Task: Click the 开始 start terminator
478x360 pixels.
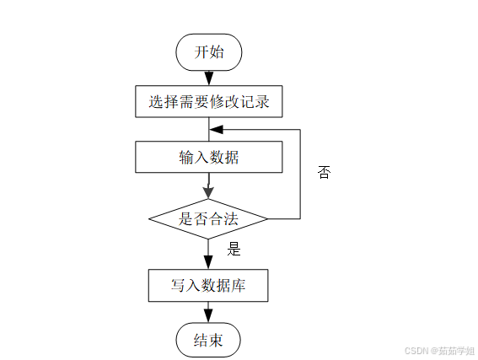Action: [209, 52]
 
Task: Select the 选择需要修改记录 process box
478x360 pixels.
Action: [209, 101]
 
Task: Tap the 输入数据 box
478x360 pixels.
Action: [209, 157]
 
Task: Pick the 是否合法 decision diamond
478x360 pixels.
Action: [208, 219]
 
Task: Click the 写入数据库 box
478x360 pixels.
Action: [208, 286]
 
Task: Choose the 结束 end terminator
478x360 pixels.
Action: [208, 340]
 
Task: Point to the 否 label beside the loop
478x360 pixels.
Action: [324, 172]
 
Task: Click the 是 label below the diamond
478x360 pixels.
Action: [234, 249]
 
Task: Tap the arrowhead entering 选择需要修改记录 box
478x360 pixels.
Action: [209, 78]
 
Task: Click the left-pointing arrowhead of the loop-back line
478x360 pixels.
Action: [217, 130]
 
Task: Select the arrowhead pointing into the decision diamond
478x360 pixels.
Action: [208, 193]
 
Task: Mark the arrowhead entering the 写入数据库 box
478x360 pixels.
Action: [208, 262]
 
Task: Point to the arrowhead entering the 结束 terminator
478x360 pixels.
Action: [208, 316]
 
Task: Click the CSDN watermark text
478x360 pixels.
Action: [439, 351]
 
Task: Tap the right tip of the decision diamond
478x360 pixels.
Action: [267, 219]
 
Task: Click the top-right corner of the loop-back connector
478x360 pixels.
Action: [300, 130]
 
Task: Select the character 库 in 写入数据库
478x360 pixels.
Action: [239, 286]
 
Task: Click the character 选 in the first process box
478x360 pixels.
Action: [156, 101]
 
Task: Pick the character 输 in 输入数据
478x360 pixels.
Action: [186, 158]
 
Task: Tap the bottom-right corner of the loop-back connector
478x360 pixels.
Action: [300, 218]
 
